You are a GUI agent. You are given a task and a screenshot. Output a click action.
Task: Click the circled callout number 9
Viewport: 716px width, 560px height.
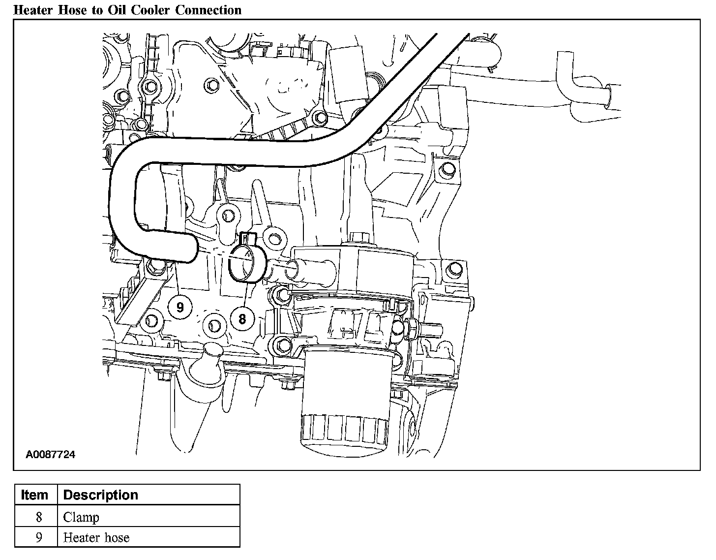180,307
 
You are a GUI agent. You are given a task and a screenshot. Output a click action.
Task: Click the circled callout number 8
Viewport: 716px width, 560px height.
242,319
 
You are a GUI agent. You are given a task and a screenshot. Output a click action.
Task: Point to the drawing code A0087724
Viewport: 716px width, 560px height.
51,455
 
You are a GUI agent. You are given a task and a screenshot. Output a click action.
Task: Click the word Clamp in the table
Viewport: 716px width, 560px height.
81,517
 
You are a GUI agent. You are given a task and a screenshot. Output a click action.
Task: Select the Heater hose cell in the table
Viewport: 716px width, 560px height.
96,537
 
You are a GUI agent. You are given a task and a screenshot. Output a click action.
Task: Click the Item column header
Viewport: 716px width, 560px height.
35,495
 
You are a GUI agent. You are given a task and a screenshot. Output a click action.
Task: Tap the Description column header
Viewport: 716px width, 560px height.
101,495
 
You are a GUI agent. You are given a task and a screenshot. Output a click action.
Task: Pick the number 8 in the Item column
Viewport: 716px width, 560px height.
39,517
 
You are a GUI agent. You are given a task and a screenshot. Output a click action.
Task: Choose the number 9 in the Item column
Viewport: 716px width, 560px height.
39,537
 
